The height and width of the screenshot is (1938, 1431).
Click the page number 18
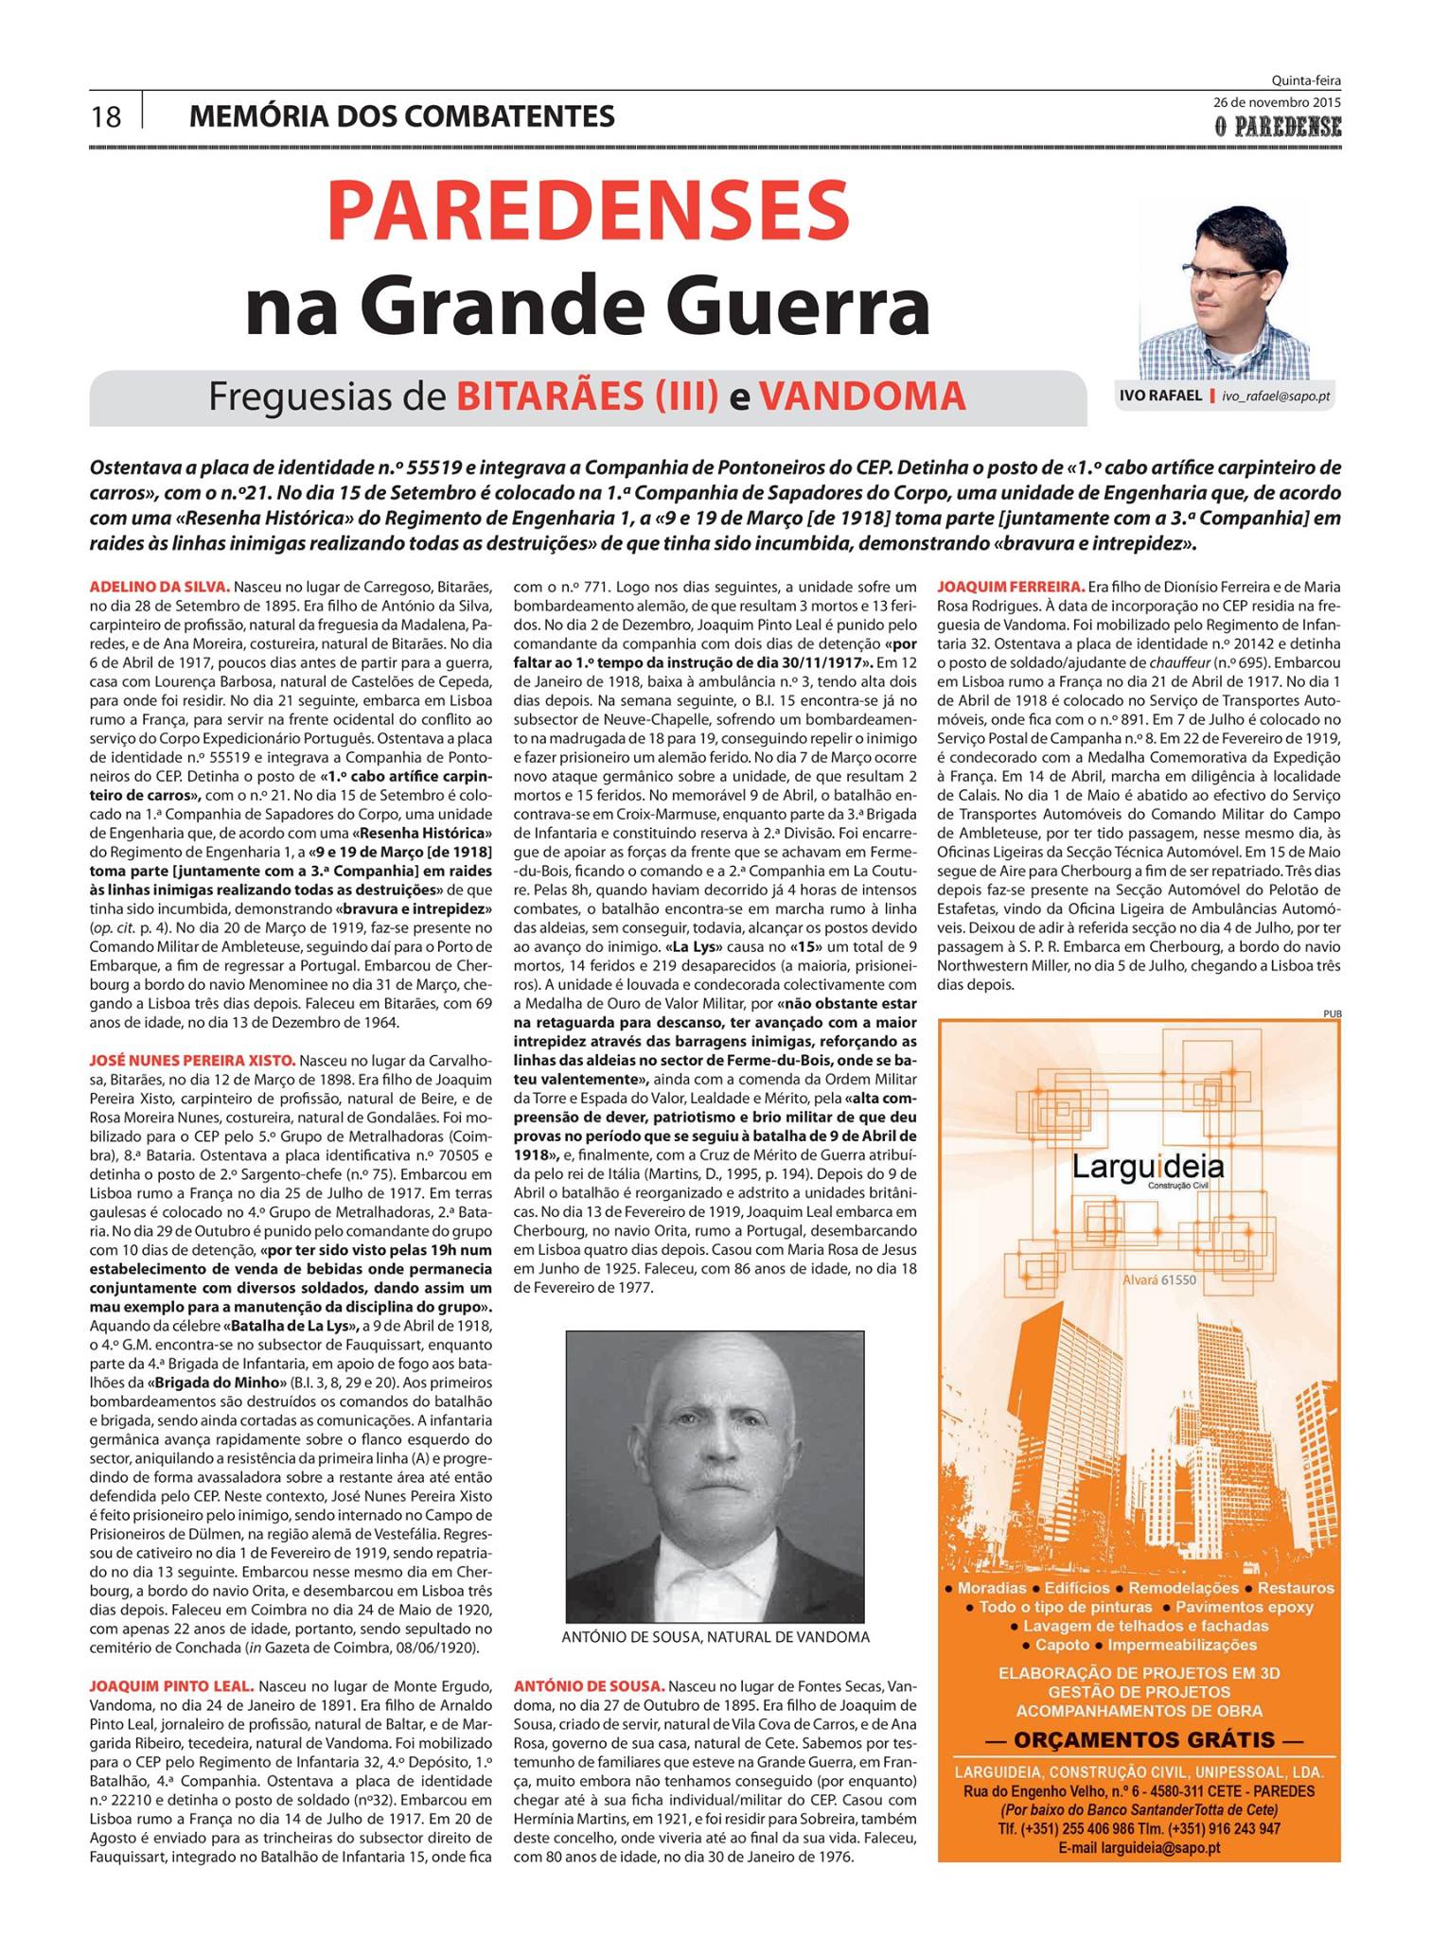pyautogui.click(x=106, y=116)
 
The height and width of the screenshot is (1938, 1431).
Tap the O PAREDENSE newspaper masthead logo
pyautogui.click(x=1279, y=126)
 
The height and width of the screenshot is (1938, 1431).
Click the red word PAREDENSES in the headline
pyautogui.click(x=588, y=210)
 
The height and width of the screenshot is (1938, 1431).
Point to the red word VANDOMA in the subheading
pyautogui.click(x=862, y=396)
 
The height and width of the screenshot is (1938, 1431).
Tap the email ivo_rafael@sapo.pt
pyautogui.click(x=1276, y=396)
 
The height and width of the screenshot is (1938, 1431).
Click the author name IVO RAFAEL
pyautogui.click(x=1160, y=396)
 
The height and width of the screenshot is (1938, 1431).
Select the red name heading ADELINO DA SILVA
pyautogui.click(x=159, y=588)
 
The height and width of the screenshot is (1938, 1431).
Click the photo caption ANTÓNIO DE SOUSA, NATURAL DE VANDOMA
pyautogui.click(x=715, y=1637)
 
